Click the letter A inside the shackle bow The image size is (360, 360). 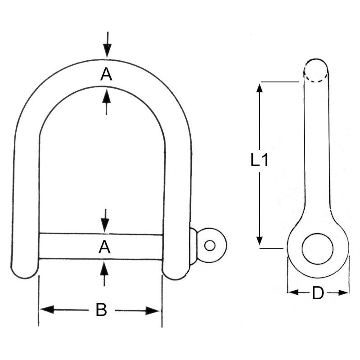click(106, 75)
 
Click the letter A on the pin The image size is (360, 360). click(104, 247)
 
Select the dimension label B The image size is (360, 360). click(102, 310)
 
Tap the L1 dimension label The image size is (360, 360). click(260, 160)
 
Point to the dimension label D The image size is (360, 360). click(318, 293)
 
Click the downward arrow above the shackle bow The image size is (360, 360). click(107, 47)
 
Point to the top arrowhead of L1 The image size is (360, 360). click(259, 88)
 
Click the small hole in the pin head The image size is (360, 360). click(210, 245)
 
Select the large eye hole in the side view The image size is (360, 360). click(318, 248)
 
